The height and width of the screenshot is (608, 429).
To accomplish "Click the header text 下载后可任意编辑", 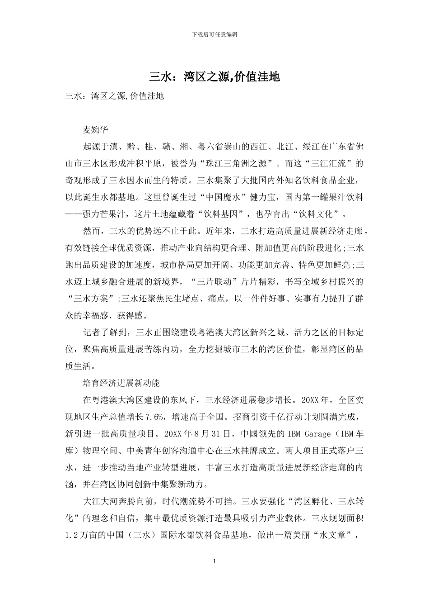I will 214,34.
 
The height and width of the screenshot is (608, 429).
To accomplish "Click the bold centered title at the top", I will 214,77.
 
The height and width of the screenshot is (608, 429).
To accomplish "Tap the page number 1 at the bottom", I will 214,561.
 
